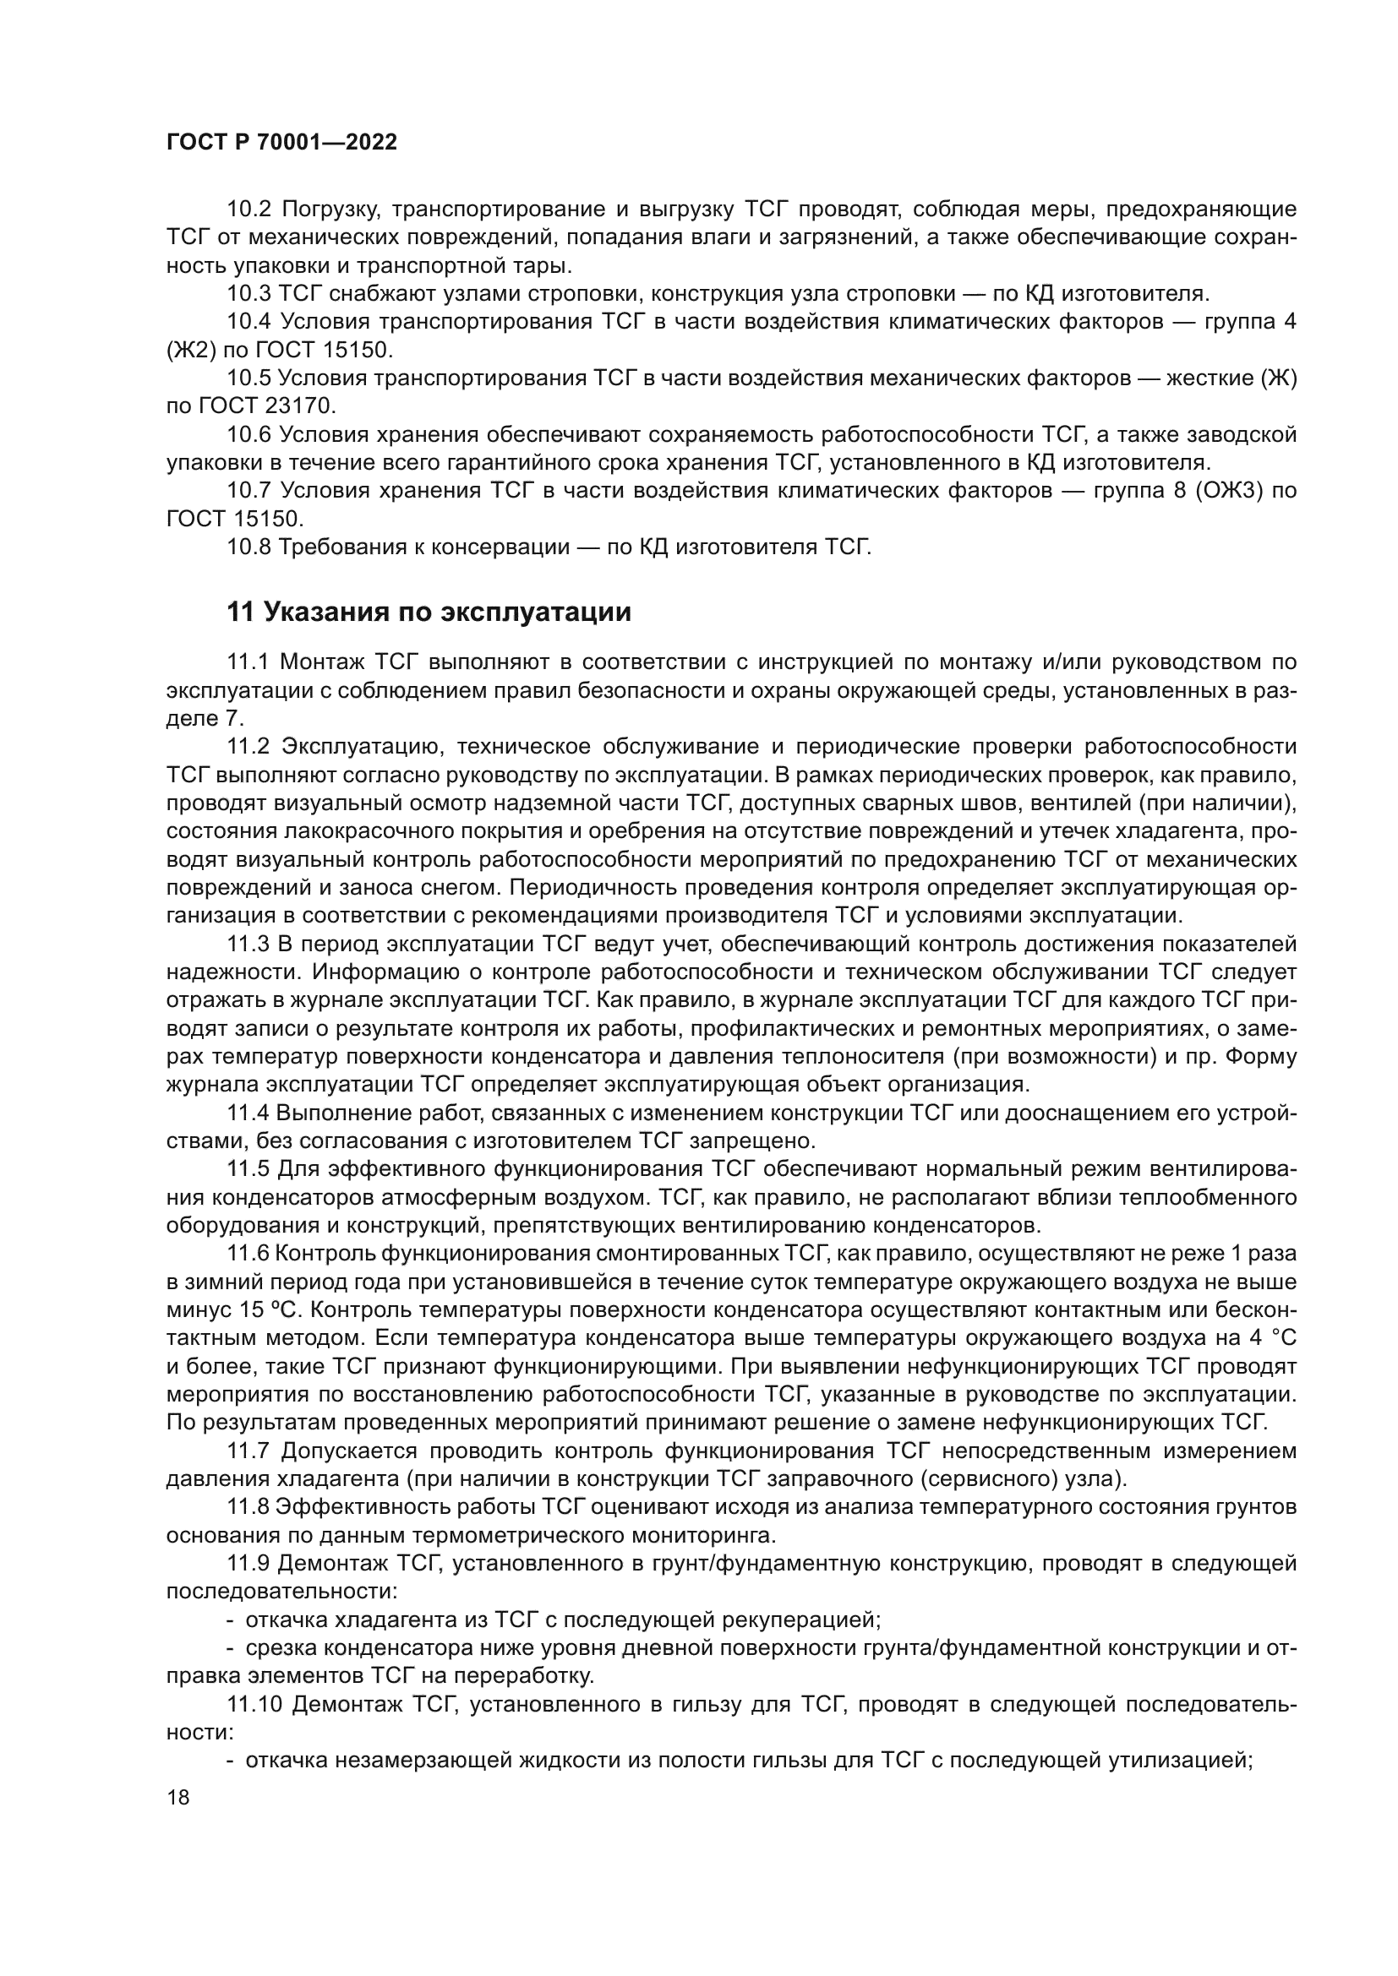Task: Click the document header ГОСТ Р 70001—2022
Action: click(281, 143)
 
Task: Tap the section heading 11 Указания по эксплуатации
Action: click(428, 612)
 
